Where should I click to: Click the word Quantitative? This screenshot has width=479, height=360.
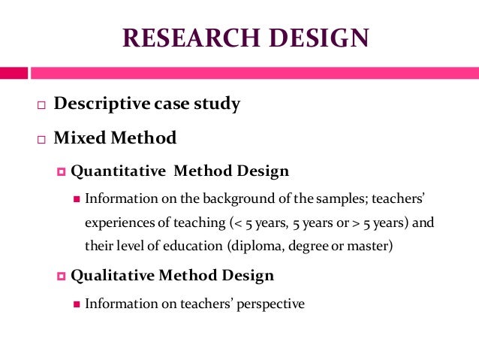pos(118,171)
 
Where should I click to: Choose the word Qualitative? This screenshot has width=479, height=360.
pos(113,275)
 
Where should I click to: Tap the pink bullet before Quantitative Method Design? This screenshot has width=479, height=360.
pos(62,171)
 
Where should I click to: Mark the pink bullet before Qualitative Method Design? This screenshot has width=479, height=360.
pos(62,276)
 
